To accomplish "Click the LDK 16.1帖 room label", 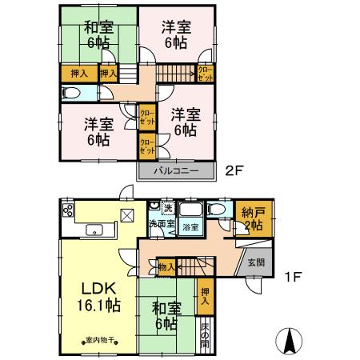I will pos(98,295).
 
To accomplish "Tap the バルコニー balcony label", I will pos(177,171).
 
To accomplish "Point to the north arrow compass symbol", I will pos(288,342).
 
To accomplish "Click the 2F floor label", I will pos(234,170).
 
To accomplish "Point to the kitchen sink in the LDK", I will pos(98,232).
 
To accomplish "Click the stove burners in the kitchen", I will pos(67,213).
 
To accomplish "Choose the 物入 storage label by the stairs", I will pos(166,266).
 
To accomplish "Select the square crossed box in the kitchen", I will pos(127,214).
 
